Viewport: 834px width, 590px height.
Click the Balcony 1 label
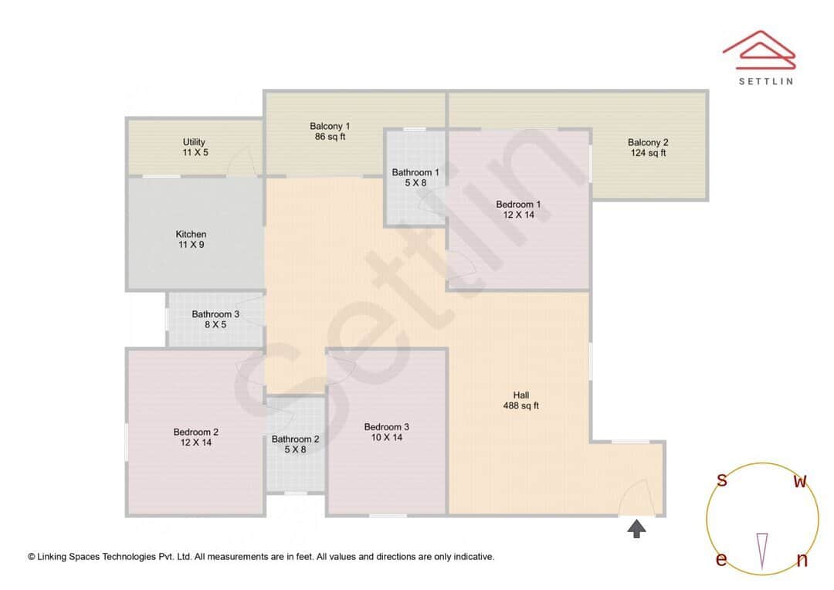pyautogui.click(x=330, y=127)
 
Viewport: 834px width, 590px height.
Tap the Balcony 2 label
pyautogui.click(x=647, y=143)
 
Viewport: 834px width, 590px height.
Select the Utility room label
pyautogui.click(x=194, y=143)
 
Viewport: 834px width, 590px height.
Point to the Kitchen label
pyautogui.click(x=191, y=235)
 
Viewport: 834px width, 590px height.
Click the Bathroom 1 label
pyautogui.click(x=415, y=173)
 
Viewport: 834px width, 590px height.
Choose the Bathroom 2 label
pyautogui.click(x=295, y=439)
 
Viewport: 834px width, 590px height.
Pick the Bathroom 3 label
pyautogui.click(x=215, y=315)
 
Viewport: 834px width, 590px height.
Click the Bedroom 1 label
pyautogui.click(x=518, y=205)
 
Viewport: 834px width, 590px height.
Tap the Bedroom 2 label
pyautogui.click(x=196, y=432)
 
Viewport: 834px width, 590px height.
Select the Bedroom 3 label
pyautogui.click(x=386, y=427)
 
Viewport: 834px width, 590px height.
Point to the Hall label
pyautogui.click(x=521, y=395)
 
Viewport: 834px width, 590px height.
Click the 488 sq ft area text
pyautogui.click(x=521, y=406)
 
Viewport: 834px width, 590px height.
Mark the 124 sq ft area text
pyautogui.click(x=647, y=154)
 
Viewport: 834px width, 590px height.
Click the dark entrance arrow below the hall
pyautogui.click(x=636, y=529)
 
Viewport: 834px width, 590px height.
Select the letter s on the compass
pyautogui.click(x=722, y=480)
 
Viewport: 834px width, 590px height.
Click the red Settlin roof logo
pyautogui.click(x=759, y=48)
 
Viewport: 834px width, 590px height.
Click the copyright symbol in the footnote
pyautogui.click(x=32, y=557)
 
